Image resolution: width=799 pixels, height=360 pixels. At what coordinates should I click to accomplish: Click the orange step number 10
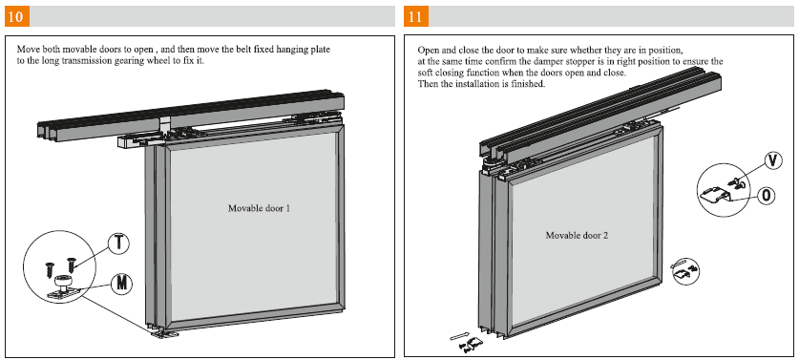tap(16, 16)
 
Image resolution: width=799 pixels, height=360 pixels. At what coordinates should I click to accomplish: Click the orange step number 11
tap(416, 16)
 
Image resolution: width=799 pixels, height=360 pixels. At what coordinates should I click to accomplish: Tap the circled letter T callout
tap(119, 243)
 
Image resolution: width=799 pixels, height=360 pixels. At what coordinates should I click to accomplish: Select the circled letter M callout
tap(121, 283)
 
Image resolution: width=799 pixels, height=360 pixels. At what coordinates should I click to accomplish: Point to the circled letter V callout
tap(773, 160)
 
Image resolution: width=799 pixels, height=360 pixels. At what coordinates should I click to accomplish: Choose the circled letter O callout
tap(766, 195)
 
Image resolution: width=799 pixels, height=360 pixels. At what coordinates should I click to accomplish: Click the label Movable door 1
tap(259, 208)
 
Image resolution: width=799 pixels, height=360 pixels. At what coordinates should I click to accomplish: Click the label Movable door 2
tap(577, 236)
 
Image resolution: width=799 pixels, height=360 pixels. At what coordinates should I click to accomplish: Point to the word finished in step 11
tap(529, 84)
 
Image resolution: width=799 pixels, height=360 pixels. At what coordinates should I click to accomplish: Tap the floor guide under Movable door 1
tap(164, 333)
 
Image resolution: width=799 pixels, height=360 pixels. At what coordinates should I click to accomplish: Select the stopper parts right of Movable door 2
tap(684, 269)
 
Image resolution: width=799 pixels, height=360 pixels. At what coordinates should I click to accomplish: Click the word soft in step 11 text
tap(425, 73)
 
